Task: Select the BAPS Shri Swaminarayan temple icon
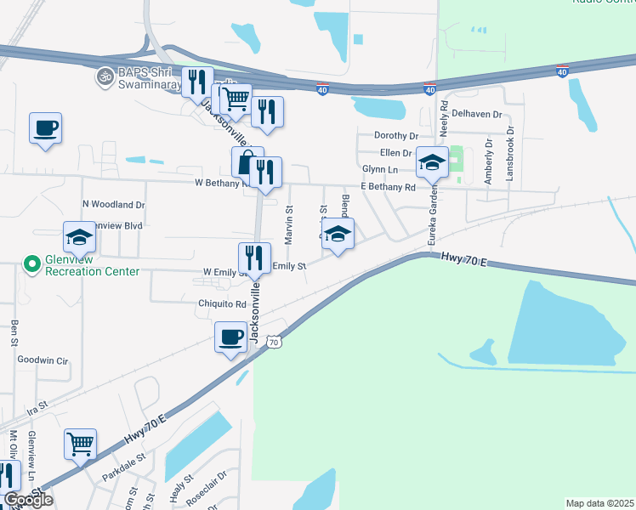click(x=106, y=76)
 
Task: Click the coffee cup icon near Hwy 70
click(x=230, y=337)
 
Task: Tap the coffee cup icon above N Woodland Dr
click(x=46, y=128)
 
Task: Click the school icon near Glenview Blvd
click(x=79, y=237)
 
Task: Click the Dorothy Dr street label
click(x=396, y=136)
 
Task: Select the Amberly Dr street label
click(x=488, y=161)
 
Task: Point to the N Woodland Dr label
click(x=113, y=205)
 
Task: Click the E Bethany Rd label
click(x=388, y=187)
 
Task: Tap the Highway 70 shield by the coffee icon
click(x=272, y=342)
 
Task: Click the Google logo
click(x=28, y=500)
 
